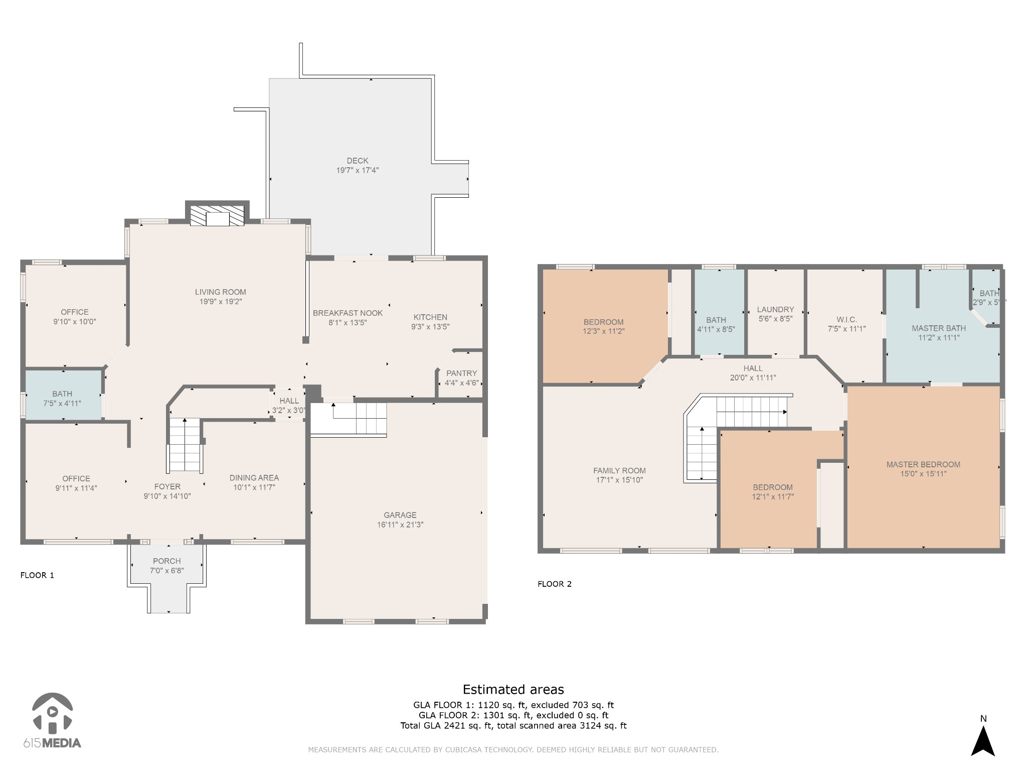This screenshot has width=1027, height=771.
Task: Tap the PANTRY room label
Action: [461, 373]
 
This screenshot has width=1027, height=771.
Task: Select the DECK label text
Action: [358, 161]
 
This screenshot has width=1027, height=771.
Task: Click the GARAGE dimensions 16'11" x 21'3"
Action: [400, 525]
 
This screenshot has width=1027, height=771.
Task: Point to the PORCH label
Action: [167, 561]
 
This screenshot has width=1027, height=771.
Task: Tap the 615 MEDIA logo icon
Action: [52, 712]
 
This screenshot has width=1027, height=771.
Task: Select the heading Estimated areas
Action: [513, 689]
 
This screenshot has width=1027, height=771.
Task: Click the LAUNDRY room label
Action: [775, 309]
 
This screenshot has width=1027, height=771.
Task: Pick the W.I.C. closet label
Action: [846, 319]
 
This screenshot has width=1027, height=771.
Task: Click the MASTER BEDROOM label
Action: [923, 464]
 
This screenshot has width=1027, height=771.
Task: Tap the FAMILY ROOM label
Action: [619, 470]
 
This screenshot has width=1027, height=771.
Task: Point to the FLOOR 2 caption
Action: [555, 584]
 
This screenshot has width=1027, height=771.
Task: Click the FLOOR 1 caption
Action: [37, 575]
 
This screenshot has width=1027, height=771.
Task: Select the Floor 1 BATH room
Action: [63, 395]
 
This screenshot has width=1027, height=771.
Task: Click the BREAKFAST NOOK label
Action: [348, 313]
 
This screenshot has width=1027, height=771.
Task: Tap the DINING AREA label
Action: [254, 477]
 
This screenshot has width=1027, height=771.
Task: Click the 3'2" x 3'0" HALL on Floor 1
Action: [289, 405]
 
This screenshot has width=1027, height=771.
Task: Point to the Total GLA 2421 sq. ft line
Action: [513, 725]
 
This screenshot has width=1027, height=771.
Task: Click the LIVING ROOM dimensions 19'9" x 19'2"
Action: [221, 301]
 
